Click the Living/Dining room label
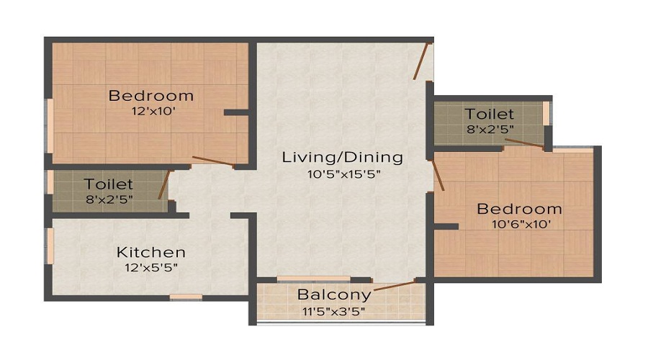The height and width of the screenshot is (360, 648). (x=342, y=157)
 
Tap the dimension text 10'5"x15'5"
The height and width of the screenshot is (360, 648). (x=342, y=174)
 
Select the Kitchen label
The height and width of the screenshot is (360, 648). (x=151, y=252)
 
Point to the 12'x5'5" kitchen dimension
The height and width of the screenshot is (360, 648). (x=151, y=268)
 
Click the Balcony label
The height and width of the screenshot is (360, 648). (x=334, y=294)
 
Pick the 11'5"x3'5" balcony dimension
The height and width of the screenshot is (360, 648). (x=334, y=311)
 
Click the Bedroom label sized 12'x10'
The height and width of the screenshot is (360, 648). (x=150, y=95)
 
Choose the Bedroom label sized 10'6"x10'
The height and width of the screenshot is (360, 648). (x=519, y=209)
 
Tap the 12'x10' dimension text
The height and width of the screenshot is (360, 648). (x=150, y=112)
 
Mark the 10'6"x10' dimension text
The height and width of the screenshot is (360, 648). (x=519, y=224)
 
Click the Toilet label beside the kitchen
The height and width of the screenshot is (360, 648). (x=108, y=184)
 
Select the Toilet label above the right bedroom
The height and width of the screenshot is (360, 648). (x=489, y=114)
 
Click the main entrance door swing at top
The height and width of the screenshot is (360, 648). (x=422, y=61)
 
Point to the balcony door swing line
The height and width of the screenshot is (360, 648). (x=395, y=286)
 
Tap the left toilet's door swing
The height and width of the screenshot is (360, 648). (x=164, y=184)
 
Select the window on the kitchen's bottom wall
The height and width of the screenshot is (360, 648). (x=186, y=297)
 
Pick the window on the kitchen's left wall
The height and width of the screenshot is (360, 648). (x=50, y=246)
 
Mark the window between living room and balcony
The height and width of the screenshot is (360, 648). (x=313, y=279)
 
